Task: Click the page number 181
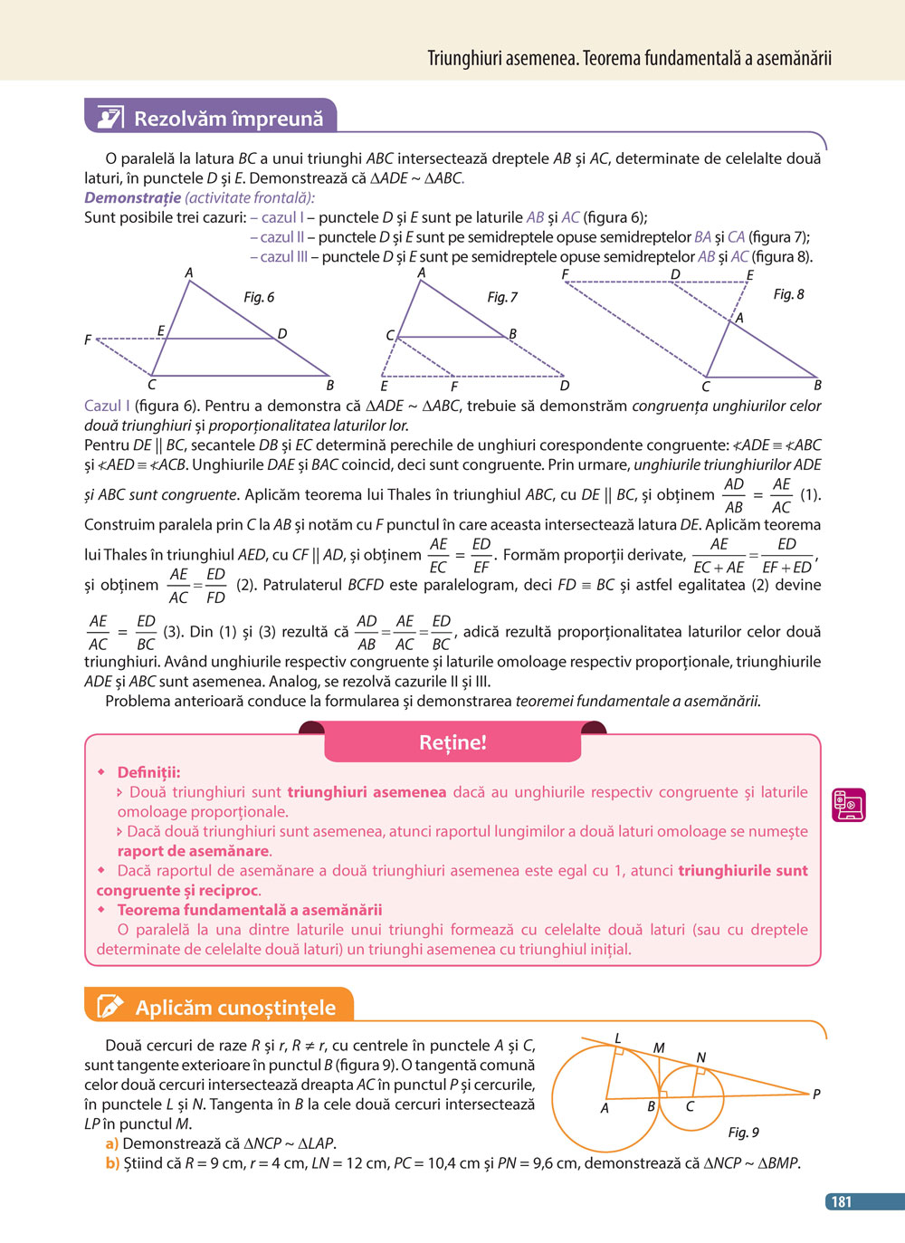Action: pyautogui.click(x=842, y=1201)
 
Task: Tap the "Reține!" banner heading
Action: pyautogui.click(x=452, y=742)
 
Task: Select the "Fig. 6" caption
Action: pyautogui.click(x=259, y=297)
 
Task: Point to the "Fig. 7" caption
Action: pyautogui.click(x=502, y=297)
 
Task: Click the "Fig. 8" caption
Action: pyautogui.click(x=788, y=294)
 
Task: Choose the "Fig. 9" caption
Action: pyautogui.click(x=743, y=1132)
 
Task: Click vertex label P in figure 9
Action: pyautogui.click(x=816, y=1095)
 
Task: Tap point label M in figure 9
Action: pyautogui.click(x=659, y=1047)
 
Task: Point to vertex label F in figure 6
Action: pyautogui.click(x=88, y=340)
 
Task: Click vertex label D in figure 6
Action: pyautogui.click(x=282, y=334)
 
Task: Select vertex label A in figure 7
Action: pyautogui.click(x=422, y=273)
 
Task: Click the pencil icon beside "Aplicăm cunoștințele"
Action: pyautogui.click(x=110, y=1007)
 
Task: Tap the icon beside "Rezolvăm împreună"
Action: pyautogui.click(x=110, y=118)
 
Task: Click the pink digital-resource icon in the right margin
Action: pyautogui.click(x=849, y=804)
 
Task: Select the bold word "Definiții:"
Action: pyautogui.click(x=148, y=772)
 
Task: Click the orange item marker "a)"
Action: pyautogui.click(x=112, y=1143)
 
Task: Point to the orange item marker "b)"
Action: pyautogui.click(x=112, y=1163)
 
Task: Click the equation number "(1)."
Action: pyautogui.click(x=811, y=495)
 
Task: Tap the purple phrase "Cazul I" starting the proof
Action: pyautogui.click(x=107, y=406)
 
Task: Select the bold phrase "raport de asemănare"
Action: pyautogui.click(x=193, y=851)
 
